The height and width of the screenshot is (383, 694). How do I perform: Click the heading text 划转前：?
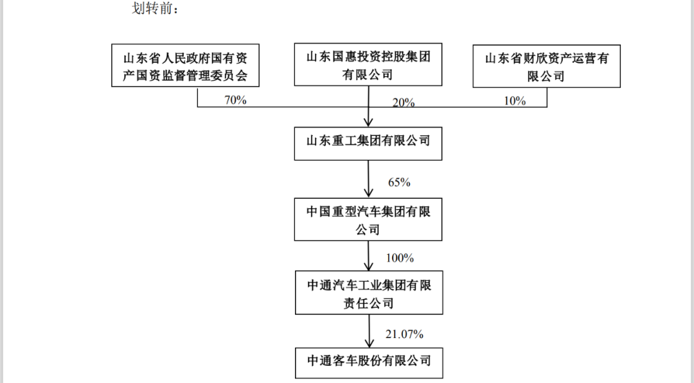click(155, 8)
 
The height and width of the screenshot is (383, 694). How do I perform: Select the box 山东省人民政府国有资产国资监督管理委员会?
click(185, 65)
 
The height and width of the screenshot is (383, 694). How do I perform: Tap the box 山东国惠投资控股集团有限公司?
click(368, 65)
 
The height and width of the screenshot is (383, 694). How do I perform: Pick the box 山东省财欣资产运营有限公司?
click(547, 66)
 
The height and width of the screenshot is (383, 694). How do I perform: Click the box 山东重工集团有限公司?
click(368, 144)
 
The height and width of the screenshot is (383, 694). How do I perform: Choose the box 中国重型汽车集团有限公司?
click(368, 219)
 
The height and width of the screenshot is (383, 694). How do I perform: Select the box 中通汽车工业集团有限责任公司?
click(369, 293)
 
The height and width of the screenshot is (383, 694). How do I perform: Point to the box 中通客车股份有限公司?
click(369, 363)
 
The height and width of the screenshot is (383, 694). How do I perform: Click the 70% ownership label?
click(235, 100)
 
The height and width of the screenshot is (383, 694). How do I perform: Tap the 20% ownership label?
click(404, 103)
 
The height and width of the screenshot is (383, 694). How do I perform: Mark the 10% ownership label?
click(515, 101)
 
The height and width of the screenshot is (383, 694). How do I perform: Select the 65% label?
click(399, 182)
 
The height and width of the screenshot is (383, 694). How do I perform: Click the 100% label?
click(400, 258)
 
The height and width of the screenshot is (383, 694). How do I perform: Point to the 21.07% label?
click(404, 334)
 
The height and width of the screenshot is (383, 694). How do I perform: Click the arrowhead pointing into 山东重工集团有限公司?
click(368, 122)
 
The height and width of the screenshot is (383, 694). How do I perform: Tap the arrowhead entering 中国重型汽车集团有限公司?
click(368, 192)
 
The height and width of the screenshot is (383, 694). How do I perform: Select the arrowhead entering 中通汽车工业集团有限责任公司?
click(368, 266)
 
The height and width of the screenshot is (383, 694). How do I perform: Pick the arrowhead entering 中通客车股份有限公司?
click(369, 343)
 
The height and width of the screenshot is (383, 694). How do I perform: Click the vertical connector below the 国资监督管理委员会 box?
click(197, 97)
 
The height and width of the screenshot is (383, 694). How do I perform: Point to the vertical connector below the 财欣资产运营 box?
click(547, 97)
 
